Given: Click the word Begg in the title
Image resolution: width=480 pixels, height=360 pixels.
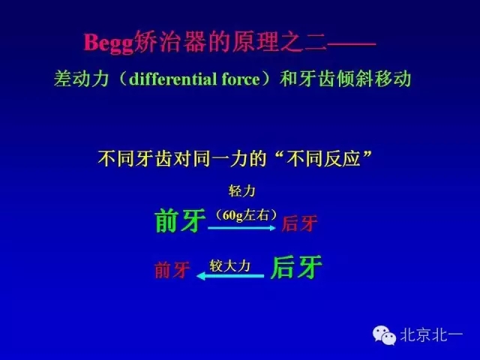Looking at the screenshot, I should pyautogui.click(x=107, y=43).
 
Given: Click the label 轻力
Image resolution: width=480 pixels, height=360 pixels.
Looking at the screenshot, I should pyautogui.click(x=241, y=191).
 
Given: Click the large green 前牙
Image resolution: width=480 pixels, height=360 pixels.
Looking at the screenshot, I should pyautogui.click(x=179, y=220).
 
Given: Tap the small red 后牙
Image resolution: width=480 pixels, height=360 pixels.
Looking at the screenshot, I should pyautogui.click(x=300, y=223).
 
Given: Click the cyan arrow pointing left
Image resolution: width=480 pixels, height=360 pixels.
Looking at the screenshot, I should pyautogui.click(x=229, y=276).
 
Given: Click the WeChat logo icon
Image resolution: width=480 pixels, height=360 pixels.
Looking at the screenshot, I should pyautogui.click(x=385, y=335).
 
